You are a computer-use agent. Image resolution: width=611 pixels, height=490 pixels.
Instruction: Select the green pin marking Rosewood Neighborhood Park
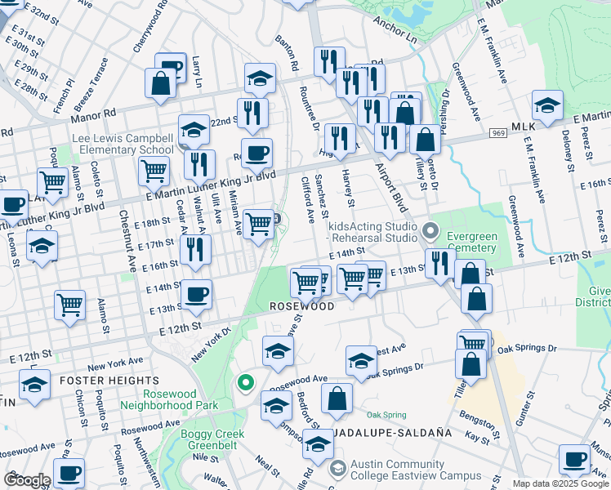point(243,381)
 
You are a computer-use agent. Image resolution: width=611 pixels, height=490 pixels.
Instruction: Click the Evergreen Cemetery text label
point(472,243)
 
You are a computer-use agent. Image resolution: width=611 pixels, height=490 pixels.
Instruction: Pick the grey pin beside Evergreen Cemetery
point(432,231)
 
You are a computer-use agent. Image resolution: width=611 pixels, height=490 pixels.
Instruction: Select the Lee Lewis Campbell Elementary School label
point(123,145)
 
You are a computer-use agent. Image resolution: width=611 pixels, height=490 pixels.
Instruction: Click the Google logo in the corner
point(27,480)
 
